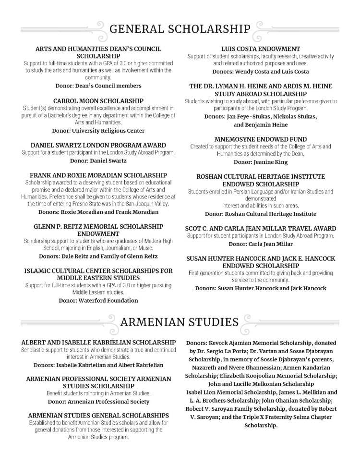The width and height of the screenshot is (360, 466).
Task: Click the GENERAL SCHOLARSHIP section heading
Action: point(180,29)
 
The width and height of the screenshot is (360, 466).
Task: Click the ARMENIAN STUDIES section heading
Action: point(180,322)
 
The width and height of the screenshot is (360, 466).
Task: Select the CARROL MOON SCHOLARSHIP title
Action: point(98,101)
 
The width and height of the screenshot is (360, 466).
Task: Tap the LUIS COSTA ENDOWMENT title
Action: point(261,49)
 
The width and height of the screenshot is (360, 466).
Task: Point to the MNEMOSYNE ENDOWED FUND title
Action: point(261,139)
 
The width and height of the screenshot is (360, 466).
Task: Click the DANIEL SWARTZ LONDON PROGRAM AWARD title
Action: point(98,145)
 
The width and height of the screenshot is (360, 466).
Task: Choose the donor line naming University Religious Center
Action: point(98,131)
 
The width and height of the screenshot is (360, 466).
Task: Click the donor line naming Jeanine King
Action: point(261,162)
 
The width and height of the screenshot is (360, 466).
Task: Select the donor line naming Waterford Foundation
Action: point(98,300)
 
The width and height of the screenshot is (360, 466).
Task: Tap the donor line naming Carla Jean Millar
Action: point(261,244)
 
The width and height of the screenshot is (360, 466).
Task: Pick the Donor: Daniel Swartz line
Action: point(98,160)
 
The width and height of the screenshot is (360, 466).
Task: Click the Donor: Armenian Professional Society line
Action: point(98,401)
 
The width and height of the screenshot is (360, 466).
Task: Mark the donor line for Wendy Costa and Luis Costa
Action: point(261,71)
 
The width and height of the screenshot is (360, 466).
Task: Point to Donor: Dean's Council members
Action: point(98,86)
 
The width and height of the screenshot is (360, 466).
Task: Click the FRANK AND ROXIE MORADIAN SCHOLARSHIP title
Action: point(98,175)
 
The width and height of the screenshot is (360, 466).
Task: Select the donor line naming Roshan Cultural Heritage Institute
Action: point(261,214)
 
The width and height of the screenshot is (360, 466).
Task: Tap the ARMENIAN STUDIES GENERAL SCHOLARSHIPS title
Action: point(98,415)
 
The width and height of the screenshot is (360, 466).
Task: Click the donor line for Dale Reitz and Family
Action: point(98,256)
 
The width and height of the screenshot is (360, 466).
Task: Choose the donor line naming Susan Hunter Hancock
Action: point(261,288)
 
